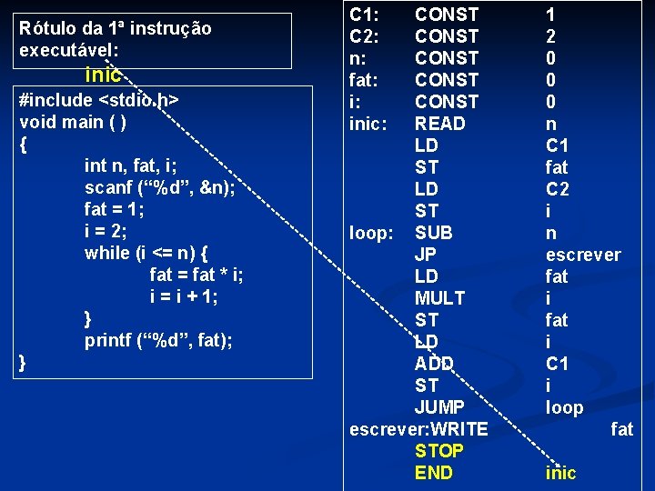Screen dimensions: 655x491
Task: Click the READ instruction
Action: [x=439, y=124]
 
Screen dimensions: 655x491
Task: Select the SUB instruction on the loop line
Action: [x=434, y=233]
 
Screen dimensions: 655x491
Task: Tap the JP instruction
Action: [x=426, y=255]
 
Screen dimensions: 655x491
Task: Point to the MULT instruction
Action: [x=439, y=298]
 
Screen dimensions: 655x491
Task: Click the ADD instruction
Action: [x=434, y=364]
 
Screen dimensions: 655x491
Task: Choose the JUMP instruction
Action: [x=439, y=407]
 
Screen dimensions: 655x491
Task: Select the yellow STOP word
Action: [x=438, y=451]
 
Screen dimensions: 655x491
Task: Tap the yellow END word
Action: [x=433, y=473]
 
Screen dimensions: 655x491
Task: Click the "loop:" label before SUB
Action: [x=371, y=233]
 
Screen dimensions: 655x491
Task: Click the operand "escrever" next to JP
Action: [x=583, y=255]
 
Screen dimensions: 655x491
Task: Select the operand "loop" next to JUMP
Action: [x=564, y=407]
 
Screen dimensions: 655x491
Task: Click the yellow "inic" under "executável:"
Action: [x=103, y=75]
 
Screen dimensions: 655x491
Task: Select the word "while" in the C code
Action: [x=107, y=253]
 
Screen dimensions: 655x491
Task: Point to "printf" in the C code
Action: [x=109, y=340]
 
